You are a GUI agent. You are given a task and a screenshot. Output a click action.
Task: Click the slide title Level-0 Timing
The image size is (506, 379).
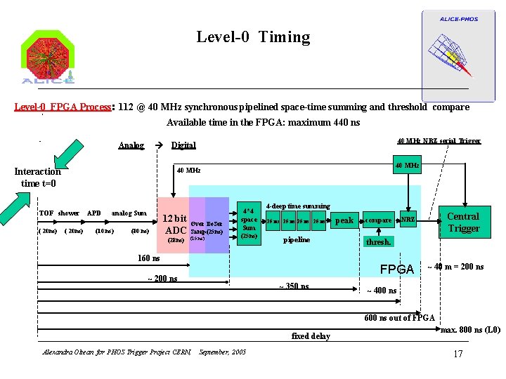point(253,36)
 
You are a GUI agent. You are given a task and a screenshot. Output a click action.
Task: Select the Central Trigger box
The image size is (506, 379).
point(463,222)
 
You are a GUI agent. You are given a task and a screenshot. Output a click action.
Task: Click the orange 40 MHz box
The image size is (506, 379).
point(408,166)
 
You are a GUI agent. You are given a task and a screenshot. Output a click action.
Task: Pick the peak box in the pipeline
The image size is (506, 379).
point(344,220)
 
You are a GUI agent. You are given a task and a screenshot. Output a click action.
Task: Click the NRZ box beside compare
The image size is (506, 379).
point(408,220)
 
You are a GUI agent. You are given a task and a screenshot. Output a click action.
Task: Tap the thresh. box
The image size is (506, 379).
point(379,242)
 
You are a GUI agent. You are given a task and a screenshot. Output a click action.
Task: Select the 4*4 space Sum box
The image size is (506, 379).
point(249,222)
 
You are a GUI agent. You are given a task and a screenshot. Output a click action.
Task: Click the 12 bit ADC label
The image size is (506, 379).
point(174,224)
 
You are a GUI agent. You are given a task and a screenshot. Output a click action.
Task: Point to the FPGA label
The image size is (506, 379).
point(397,270)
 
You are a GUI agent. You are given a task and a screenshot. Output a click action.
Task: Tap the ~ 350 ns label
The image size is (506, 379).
point(294,286)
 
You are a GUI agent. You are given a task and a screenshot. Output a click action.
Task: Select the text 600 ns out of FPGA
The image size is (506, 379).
point(399,318)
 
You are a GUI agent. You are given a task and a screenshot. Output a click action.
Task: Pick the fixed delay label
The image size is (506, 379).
point(311,336)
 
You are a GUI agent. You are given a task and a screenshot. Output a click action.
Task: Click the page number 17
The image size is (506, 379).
point(458,353)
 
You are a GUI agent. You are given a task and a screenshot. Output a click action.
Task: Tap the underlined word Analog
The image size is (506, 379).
point(131,145)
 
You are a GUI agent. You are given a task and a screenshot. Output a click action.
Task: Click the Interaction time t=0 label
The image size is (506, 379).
point(38,177)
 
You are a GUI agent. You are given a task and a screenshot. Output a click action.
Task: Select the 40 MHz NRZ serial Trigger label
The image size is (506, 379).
point(439,140)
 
